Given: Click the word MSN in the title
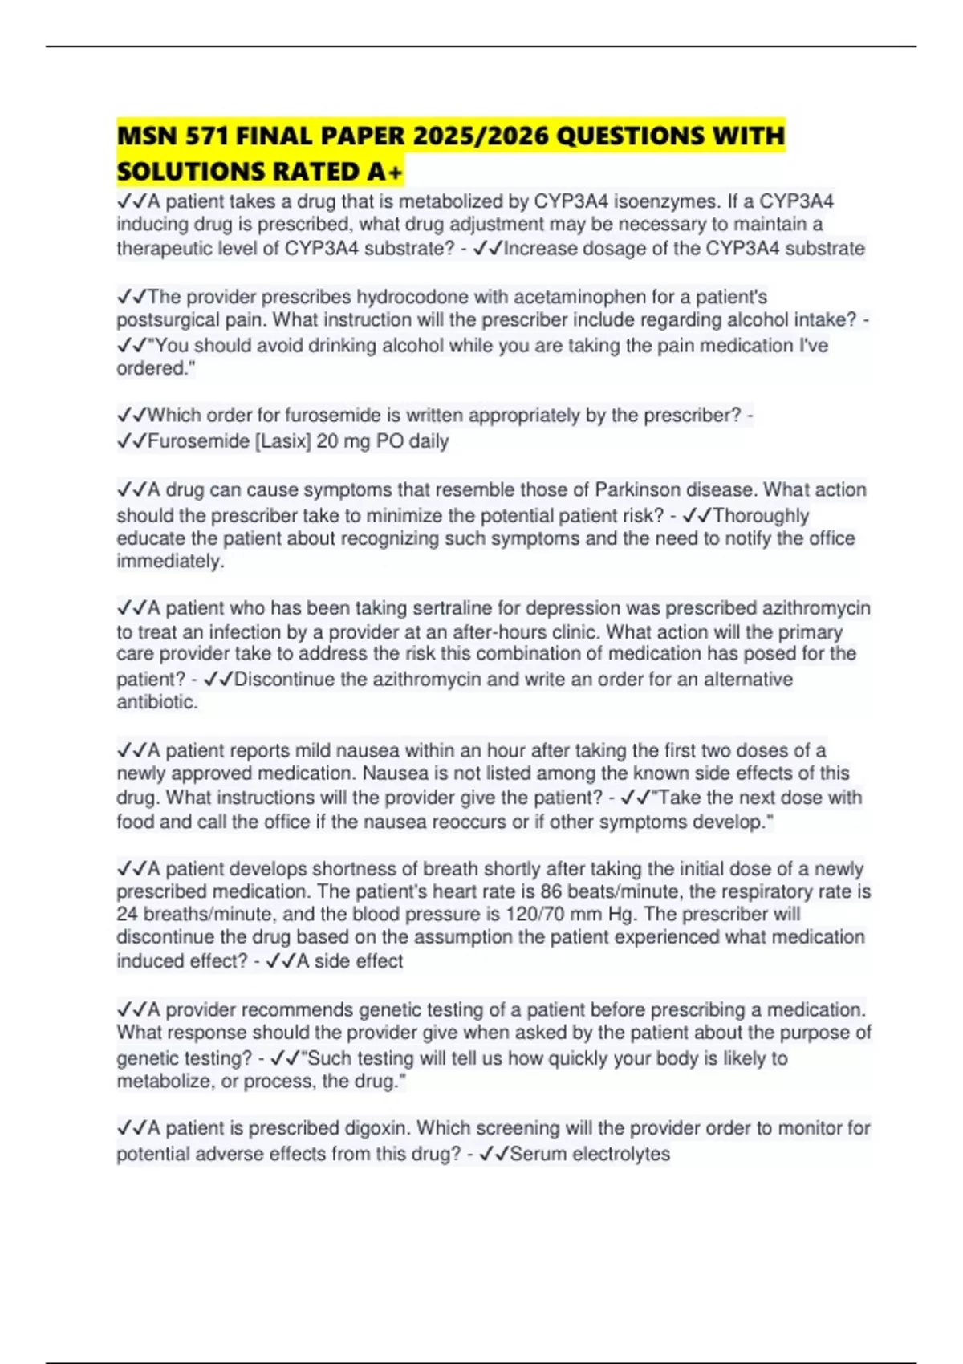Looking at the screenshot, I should point(148,136).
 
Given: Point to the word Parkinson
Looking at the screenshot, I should point(640,489).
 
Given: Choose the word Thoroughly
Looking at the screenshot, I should point(761,515).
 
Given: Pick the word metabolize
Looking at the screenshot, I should point(164,1081).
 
